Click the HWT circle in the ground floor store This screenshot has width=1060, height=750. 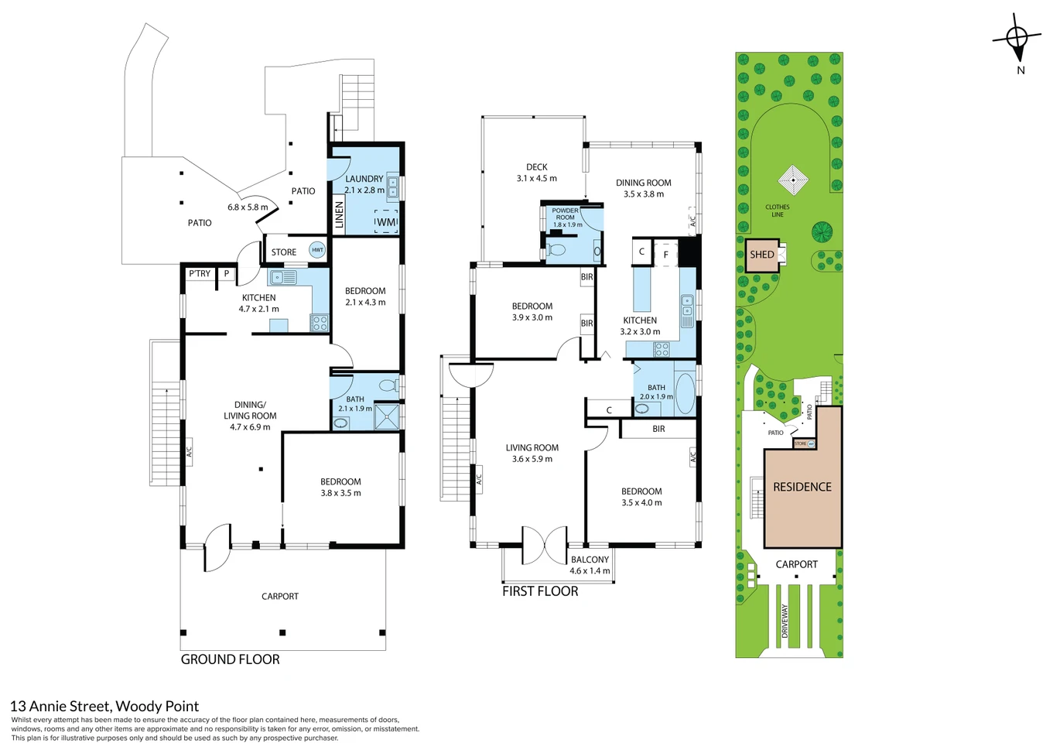(317, 250)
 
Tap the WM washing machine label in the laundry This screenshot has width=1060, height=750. (386, 221)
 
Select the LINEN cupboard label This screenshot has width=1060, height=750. (340, 215)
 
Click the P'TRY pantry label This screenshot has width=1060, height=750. (200, 274)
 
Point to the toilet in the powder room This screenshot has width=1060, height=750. (556, 249)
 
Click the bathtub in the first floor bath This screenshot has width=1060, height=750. (685, 394)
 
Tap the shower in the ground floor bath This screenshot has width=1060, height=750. (387, 416)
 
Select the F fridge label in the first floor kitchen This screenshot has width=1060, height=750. (666, 255)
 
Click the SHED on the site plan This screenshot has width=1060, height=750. (762, 255)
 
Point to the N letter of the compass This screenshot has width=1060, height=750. (1021, 70)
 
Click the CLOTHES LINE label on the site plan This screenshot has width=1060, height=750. (778, 211)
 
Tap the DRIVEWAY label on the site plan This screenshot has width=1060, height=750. (785, 621)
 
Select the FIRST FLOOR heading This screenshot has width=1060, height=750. (540, 591)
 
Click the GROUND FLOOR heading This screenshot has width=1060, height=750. (230, 659)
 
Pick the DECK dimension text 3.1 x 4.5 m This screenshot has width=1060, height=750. (537, 179)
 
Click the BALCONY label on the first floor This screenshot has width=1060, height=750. (590, 560)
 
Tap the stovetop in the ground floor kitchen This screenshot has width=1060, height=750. (320, 323)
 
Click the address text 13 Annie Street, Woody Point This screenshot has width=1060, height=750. (104, 707)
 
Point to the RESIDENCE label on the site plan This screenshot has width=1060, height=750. (802, 487)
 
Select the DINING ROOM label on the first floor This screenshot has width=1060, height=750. (643, 183)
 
